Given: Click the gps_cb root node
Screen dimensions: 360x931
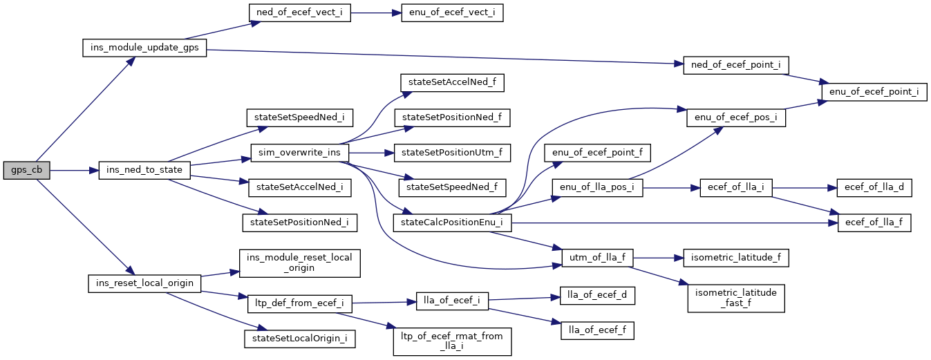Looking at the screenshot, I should click(26, 170).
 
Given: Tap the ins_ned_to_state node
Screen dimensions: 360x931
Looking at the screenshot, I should click(144, 170).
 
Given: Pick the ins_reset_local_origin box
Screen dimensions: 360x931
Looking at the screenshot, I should click(144, 283).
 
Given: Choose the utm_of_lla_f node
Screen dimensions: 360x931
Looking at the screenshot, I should click(598, 258).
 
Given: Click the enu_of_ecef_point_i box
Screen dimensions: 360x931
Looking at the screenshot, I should click(874, 92).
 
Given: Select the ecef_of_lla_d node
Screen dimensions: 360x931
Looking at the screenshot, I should click(874, 187).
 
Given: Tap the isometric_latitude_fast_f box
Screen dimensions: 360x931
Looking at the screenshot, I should click(735, 298).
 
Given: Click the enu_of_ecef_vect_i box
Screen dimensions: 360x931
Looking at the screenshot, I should click(452, 14).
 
